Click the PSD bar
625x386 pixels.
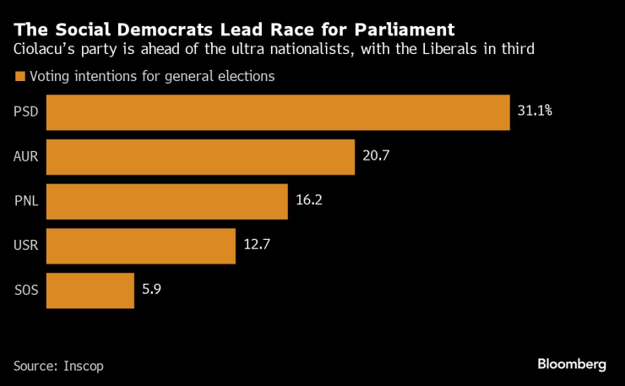tap(278, 112)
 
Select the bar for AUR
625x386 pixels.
tap(200, 157)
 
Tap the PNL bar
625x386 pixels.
tap(167, 202)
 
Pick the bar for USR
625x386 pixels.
tap(140, 247)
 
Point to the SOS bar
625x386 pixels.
tap(90, 291)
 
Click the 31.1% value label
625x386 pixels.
tap(535, 112)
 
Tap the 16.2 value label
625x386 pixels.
tap(310, 202)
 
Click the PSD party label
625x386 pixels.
tap(25, 112)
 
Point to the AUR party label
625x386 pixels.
tap(26, 157)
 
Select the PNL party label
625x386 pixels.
tap(26, 202)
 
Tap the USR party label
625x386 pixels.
tap(26, 247)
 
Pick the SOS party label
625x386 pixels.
tap(26, 291)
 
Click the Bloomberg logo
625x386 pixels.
tap(572, 364)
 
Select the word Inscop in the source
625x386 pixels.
tap(87, 365)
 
